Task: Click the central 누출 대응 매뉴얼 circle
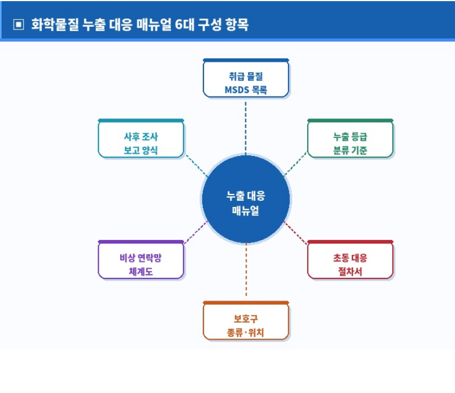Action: click(245, 199)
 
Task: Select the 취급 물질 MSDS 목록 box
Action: click(246, 79)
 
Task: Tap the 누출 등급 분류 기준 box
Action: click(350, 140)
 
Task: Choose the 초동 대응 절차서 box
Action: click(350, 261)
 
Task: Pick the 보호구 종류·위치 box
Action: click(246, 322)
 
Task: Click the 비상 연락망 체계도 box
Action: click(141, 261)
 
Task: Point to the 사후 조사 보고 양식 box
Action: click(141, 140)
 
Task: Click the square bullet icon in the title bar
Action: click(19, 25)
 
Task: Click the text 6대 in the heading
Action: click(184, 25)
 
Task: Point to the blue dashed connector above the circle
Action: click(246, 126)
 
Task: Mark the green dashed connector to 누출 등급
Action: click(295, 164)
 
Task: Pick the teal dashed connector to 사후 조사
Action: click(196, 164)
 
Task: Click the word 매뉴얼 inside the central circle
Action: click(245, 211)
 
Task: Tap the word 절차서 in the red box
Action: click(350, 272)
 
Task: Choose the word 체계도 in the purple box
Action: click(141, 272)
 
